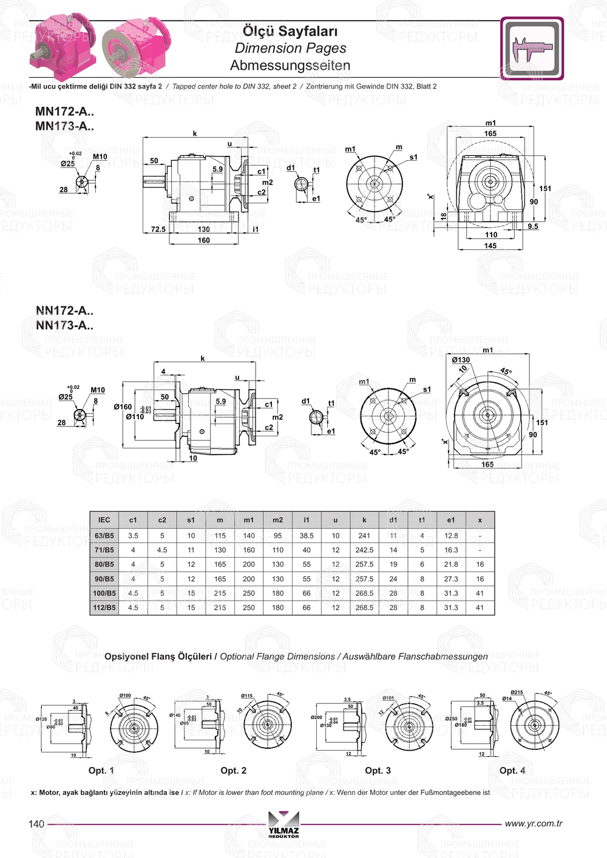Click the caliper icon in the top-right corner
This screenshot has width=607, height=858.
click(532, 49)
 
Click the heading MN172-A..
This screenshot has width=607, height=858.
click(64, 111)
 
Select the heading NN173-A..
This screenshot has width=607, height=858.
click(64, 325)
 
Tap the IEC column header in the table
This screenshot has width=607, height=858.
click(104, 520)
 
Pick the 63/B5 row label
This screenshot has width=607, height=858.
click(104, 536)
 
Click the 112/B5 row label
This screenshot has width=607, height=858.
click(104, 607)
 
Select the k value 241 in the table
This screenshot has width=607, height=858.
click(364, 536)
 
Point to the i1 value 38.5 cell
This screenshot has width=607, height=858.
click(307, 536)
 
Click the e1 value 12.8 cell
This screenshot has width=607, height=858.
click(451, 536)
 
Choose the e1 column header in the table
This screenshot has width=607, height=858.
click(451, 520)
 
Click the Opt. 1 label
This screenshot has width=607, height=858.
click(101, 771)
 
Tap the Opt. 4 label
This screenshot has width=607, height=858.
click(512, 771)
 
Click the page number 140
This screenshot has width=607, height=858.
click(36, 824)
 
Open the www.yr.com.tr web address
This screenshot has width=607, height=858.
click(534, 823)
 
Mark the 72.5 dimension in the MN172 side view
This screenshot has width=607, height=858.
click(158, 229)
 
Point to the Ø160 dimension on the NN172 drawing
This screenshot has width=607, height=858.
click(123, 407)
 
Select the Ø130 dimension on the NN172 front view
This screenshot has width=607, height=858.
click(461, 360)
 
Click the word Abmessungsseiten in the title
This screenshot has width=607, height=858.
click(290, 66)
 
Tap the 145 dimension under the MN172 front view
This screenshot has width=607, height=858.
click(490, 246)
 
